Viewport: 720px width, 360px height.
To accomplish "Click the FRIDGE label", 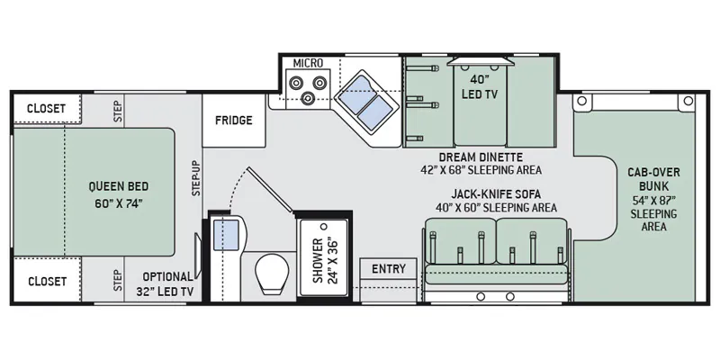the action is (234, 121).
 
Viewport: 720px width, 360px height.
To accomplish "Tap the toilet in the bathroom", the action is (272, 274).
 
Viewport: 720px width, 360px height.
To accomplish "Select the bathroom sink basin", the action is (227, 235).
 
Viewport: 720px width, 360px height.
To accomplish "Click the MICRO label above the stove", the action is (308, 62).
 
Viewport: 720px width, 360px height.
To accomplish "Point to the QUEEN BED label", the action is (119, 186).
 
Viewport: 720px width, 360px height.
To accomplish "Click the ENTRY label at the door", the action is (389, 268).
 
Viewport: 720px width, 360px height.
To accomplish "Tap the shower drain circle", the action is (324, 227).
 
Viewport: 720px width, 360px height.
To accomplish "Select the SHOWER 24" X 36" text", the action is (324, 260).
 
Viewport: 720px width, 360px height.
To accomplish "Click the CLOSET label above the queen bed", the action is (46, 109).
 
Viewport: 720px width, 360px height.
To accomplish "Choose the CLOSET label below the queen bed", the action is (47, 281).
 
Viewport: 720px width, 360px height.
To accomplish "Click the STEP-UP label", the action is (196, 178).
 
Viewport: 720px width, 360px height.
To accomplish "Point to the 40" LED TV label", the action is (480, 86).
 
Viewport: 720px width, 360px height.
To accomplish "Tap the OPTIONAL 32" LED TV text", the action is (166, 283).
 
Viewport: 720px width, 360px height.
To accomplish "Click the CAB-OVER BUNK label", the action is (654, 179).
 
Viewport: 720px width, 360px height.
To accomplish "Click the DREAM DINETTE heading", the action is (481, 157).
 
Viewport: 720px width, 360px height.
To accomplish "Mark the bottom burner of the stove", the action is (307, 97).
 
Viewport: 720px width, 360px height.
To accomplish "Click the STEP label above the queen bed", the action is (117, 111).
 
